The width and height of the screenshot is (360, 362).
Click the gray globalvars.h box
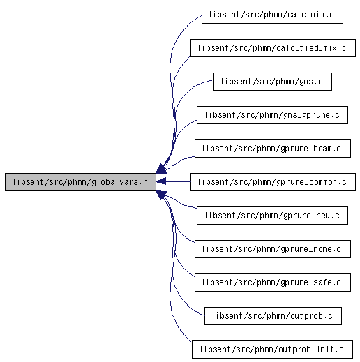coord(80,182)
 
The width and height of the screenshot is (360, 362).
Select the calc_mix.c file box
coord(272,15)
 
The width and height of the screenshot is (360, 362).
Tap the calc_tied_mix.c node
coord(273,48)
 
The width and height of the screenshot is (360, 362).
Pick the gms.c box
coord(273,82)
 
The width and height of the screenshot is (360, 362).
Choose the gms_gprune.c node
coord(272,115)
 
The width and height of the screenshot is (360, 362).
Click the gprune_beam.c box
coord(273,149)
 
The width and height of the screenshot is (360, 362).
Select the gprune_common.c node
coord(273,182)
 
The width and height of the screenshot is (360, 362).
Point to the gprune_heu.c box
coord(272,216)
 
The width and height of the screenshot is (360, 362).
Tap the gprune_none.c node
coord(273,249)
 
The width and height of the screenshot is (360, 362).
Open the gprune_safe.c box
coord(273,282)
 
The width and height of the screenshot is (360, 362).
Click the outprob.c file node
coord(273,316)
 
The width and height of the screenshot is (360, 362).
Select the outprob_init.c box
coord(272,349)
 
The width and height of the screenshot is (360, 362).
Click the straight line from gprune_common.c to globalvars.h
coord(178,181)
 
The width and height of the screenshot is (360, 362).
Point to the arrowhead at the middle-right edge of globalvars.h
coord(161,181)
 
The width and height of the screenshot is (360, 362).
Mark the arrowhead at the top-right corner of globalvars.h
coord(161,169)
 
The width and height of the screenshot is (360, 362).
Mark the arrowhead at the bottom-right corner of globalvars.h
coord(161,195)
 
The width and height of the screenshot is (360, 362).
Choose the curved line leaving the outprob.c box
coord(174,274)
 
